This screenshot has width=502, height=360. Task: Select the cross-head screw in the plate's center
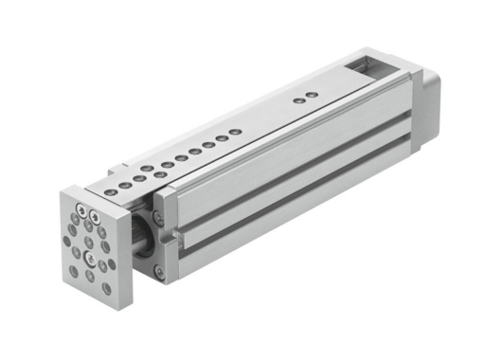[88, 254]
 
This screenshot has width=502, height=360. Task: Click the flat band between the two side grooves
[284, 185]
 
